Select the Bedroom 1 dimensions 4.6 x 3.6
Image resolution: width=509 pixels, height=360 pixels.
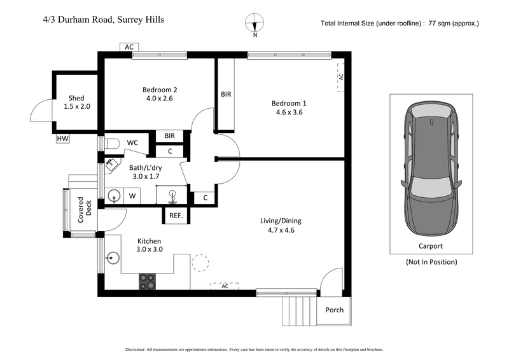click(x=289, y=113)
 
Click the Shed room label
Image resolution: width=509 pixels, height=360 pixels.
click(x=76, y=97)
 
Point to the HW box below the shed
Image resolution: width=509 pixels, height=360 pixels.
click(x=63, y=139)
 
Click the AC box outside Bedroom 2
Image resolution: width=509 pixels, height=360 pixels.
click(x=129, y=47)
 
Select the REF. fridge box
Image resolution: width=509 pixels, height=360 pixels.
click(x=176, y=216)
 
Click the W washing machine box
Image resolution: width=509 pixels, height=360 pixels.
click(x=132, y=196)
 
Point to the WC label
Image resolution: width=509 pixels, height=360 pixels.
click(x=132, y=143)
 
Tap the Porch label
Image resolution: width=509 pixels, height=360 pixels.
click(x=334, y=310)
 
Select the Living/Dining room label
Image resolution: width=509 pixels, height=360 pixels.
click(x=281, y=221)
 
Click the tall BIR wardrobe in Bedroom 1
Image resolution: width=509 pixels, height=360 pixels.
click(x=226, y=94)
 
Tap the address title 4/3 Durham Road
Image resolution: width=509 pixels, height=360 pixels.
click(x=99, y=20)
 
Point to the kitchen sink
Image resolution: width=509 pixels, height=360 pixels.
click(x=115, y=258)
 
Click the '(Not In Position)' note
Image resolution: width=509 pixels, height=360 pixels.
click(x=431, y=261)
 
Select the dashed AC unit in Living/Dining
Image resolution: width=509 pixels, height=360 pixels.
click(x=225, y=287)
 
